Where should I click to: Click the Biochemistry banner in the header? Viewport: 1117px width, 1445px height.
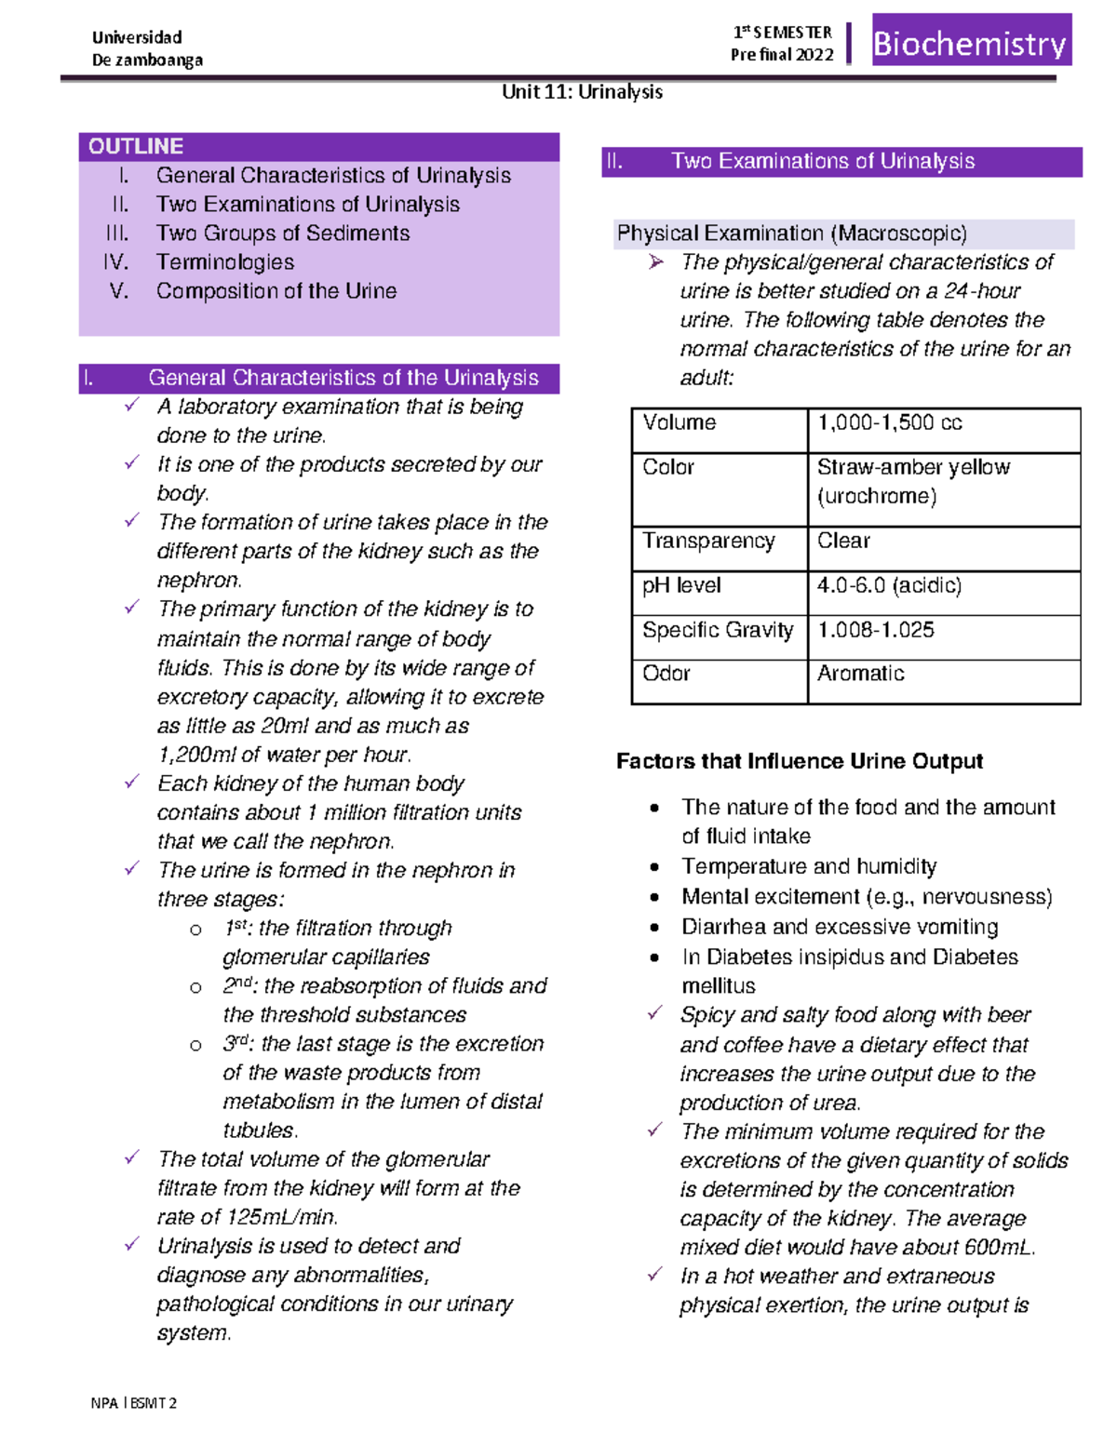pos(971,43)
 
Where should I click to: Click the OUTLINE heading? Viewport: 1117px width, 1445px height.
pos(136,146)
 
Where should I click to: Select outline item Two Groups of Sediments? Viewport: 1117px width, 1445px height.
pos(282,233)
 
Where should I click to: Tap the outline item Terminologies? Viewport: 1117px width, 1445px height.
pos(224,261)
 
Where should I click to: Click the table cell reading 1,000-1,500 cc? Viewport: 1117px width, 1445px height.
pos(889,422)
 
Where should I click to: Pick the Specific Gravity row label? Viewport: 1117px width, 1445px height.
pos(718,630)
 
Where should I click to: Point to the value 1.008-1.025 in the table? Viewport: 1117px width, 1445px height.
pos(875,630)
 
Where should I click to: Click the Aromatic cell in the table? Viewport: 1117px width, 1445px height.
pos(860,674)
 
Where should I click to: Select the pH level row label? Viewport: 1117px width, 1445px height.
pos(681,585)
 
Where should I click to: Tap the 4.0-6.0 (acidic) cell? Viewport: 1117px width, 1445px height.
pos(889,585)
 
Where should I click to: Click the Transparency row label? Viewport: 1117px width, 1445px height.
pos(707,541)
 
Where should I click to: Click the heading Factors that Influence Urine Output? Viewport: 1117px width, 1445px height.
pos(799,761)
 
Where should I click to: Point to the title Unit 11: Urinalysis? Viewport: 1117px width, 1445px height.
pos(582,91)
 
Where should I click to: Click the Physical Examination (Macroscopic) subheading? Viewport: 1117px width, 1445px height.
pos(791,233)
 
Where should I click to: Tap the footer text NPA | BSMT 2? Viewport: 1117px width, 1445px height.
pos(133,1402)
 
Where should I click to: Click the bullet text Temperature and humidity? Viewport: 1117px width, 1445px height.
pos(808,866)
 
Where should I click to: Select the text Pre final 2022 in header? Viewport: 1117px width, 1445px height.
pos(782,55)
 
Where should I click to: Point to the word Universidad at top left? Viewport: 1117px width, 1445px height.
pos(137,37)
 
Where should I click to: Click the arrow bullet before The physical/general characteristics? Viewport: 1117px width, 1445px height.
pos(656,262)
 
